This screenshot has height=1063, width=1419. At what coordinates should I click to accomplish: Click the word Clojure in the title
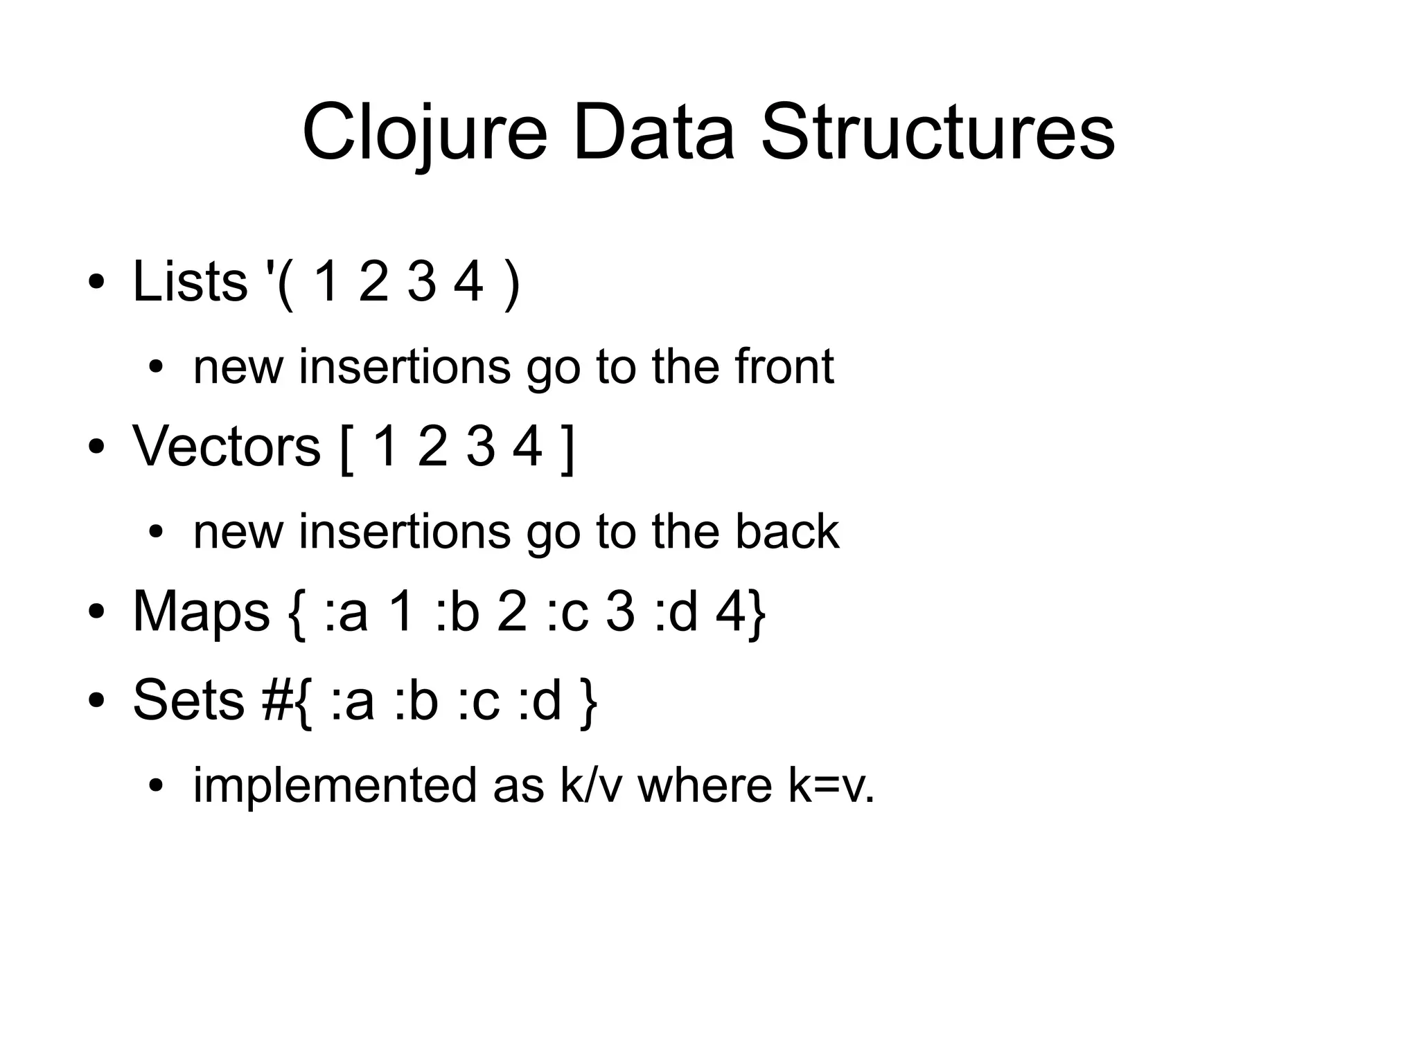424,132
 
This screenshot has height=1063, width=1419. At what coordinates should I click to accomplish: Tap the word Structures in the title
937,132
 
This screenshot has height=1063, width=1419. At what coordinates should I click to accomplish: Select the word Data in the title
653,132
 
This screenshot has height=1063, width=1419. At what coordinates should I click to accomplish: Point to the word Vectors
227,446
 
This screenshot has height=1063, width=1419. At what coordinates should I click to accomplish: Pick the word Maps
201,611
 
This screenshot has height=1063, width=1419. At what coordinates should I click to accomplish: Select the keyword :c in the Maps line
567,612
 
